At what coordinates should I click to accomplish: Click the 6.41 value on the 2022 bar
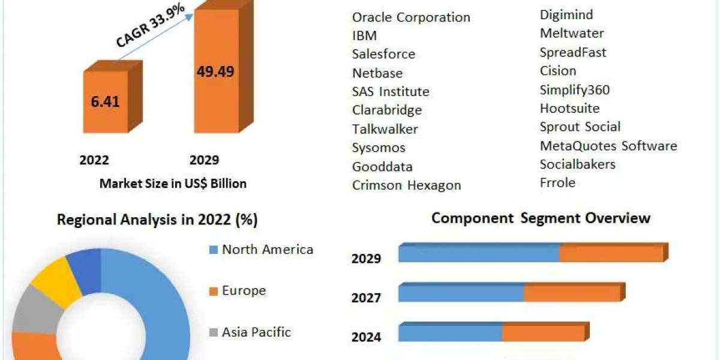tap(105, 101)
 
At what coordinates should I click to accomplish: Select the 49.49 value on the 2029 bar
tap(215, 71)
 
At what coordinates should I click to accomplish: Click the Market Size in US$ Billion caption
tap(173, 184)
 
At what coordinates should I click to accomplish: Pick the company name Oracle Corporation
tap(411, 17)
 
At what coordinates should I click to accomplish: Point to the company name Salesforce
tap(383, 54)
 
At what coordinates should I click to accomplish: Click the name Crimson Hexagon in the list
tap(406, 185)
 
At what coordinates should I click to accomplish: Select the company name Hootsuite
tap(569, 109)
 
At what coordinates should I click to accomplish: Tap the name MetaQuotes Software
tap(608, 146)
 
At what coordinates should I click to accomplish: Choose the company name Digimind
tap(566, 14)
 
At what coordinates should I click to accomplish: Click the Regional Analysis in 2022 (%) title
tap(157, 220)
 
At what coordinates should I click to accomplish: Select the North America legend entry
tap(267, 250)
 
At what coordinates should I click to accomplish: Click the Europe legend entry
tap(243, 291)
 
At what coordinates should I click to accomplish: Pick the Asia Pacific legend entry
tap(256, 332)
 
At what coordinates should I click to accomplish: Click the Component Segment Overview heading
tap(541, 218)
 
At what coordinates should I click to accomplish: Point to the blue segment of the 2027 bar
tap(461, 293)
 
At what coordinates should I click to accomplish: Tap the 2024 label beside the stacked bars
tap(366, 337)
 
